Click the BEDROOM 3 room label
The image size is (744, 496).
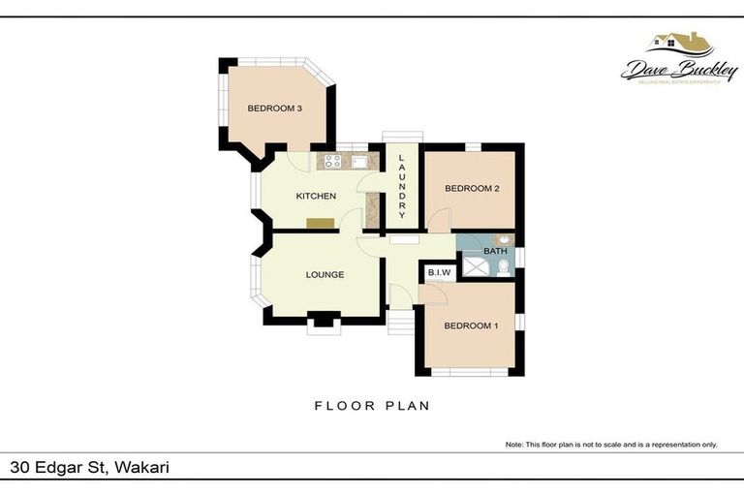(275, 108)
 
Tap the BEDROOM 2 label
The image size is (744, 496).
(472, 189)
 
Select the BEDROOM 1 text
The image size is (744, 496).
(471, 325)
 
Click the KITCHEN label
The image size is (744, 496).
(316, 197)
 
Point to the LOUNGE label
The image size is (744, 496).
(325, 274)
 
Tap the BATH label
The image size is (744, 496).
(495, 252)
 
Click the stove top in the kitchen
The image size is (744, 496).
(331, 162)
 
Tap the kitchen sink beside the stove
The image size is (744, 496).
(357, 162)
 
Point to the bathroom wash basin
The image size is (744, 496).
(504, 239)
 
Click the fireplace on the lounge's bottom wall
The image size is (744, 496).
(322, 321)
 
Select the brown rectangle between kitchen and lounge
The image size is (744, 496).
(321, 224)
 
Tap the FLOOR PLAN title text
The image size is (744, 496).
(372, 406)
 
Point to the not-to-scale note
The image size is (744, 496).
(610, 445)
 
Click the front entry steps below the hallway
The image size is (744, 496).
(400, 321)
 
